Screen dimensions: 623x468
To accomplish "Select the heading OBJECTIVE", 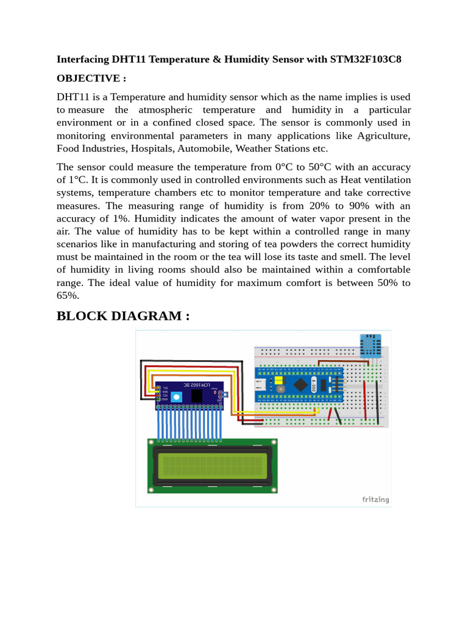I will tap(91, 78).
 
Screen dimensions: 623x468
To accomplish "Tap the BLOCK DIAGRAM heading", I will tap(123, 316).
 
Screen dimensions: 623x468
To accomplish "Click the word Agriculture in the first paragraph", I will tap(384, 135).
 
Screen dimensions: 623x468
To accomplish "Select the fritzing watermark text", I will tap(375, 499).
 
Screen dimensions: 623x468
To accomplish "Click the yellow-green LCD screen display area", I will tap(213, 466).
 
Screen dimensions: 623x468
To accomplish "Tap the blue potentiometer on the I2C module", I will tap(177, 397).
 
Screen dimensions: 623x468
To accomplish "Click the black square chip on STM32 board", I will tap(302, 383).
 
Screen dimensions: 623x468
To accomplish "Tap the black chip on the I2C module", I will tap(197, 396).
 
